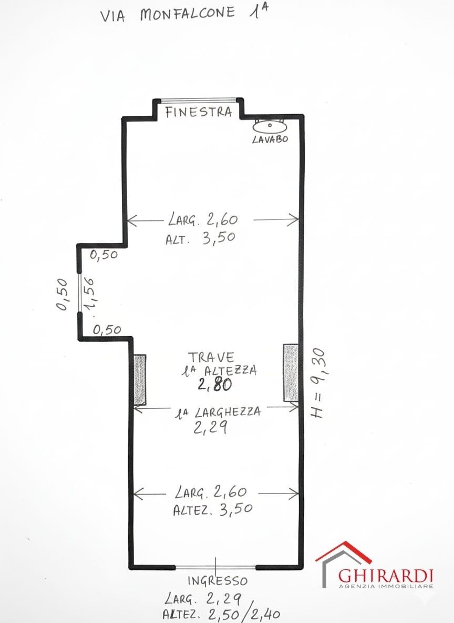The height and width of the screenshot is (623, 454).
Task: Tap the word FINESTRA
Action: point(199,112)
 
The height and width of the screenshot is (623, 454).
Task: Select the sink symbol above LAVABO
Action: point(269,126)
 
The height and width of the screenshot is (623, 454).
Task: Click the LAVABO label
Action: point(269,139)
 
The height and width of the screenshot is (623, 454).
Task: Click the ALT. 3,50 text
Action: point(200,238)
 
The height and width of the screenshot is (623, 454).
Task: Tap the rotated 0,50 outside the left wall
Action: point(63,295)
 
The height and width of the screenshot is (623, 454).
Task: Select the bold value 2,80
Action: point(214,385)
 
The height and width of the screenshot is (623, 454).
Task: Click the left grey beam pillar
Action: point(139,379)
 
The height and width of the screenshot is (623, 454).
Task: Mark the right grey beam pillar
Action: point(291,373)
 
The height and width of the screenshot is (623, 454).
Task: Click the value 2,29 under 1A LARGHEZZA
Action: point(210,428)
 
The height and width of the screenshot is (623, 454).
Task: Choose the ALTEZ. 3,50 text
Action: point(213,509)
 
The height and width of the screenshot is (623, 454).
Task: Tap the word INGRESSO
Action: point(218,581)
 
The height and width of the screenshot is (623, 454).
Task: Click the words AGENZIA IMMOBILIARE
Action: point(386,586)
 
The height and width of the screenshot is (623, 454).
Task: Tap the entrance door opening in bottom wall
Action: point(215,567)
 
